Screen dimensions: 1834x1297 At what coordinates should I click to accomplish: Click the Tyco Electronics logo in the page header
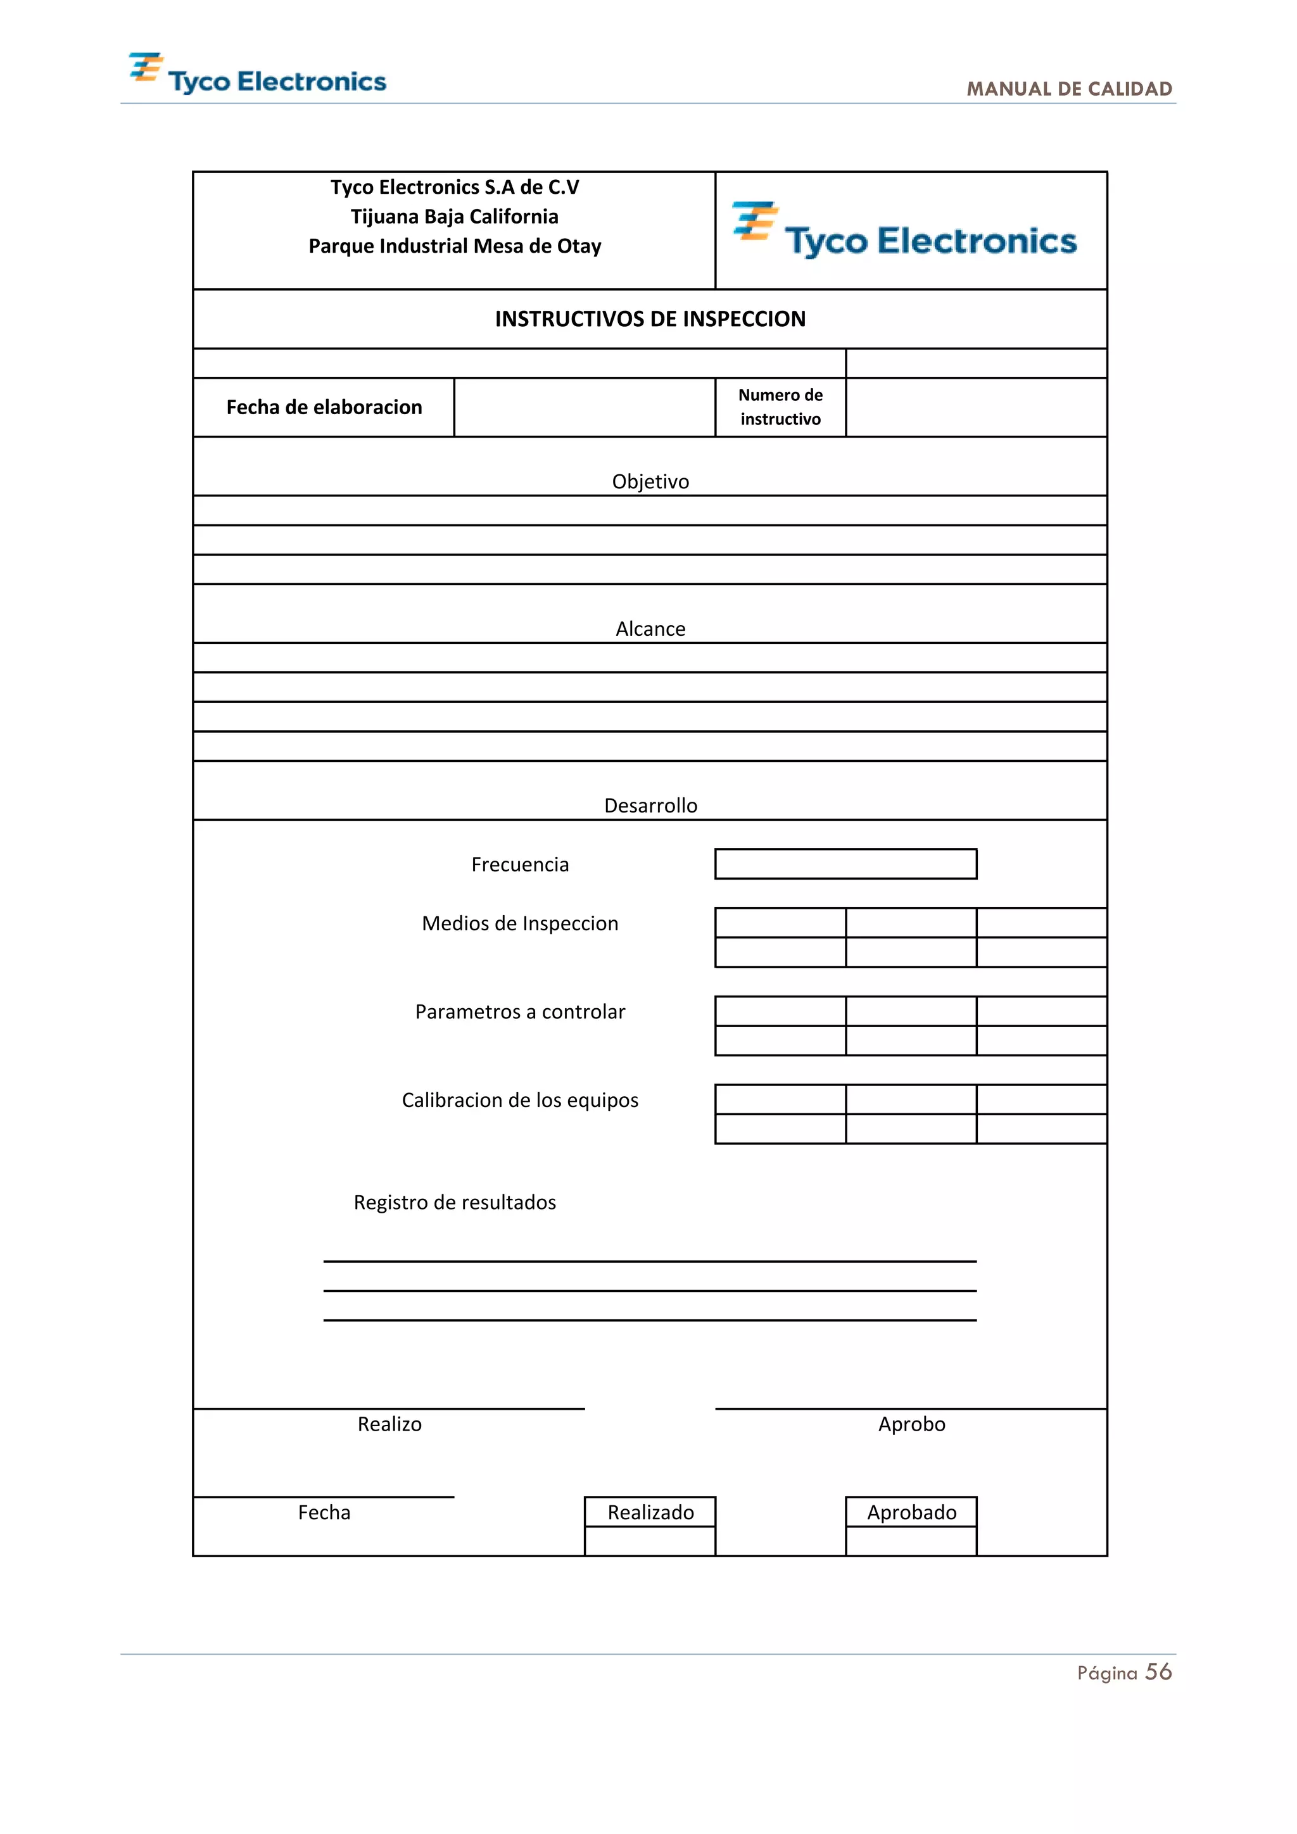pyautogui.click(x=257, y=74)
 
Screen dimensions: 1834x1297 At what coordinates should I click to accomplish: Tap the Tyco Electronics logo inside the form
pyautogui.click(x=904, y=231)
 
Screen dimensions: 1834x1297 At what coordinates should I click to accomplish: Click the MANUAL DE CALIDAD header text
pyautogui.click(x=1068, y=89)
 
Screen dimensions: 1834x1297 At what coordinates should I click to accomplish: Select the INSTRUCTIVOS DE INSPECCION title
pyautogui.click(x=650, y=319)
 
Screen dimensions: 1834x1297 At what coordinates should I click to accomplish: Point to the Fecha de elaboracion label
pyautogui.click(x=324, y=407)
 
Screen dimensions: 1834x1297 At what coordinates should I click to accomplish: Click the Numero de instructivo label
pyautogui.click(x=780, y=407)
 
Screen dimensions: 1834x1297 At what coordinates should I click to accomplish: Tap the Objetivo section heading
pyautogui.click(x=650, y=482)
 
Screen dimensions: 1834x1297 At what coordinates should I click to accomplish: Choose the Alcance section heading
pyautogui.click(x=650, y=629)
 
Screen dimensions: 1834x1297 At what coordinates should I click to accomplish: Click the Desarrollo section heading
pyautogui.click(x=650, y=805)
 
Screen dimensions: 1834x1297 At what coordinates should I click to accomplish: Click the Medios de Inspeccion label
pyautogui.click(x=520, y=923)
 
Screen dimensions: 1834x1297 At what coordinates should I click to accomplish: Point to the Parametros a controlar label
pyautogui.click(x=520, y=1011)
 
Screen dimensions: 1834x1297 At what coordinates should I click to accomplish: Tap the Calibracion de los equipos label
pyautogui.click(x=520, y=1100)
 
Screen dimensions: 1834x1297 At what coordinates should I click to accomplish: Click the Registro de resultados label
pyautogui.click(x=455, y=1202)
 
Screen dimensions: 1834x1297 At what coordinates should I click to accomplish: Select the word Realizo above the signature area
pyautogui.click(x=389, y=1424)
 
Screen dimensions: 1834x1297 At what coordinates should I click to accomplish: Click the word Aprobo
pyautogui.click(x=911, y=1424)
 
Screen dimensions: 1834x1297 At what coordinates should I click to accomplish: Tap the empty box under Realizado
pyautogui.click(x=650, y=1541)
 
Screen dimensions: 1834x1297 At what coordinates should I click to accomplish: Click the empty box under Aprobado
pyautogui.click(x=911, y=1541)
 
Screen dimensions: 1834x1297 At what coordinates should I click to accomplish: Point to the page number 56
pyautogui.click(x=1158, y=1672)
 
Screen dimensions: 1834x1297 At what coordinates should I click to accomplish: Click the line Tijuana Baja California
pyautogui.click(x=455, y=217)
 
